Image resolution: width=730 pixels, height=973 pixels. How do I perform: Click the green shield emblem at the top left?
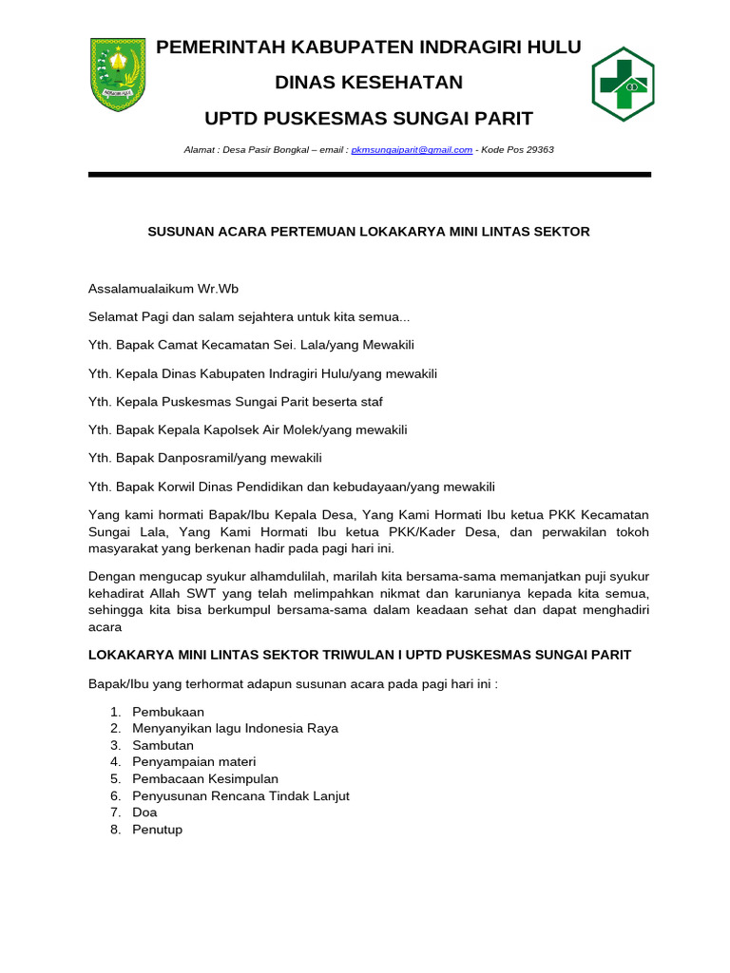[117, 74]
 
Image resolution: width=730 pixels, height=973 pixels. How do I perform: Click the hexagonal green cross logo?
[623, 84]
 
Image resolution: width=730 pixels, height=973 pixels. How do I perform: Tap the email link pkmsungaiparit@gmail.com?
[412, 150]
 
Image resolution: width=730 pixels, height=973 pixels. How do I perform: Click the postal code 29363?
[538, 150]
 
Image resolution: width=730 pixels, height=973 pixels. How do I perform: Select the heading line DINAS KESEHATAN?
[369, 83]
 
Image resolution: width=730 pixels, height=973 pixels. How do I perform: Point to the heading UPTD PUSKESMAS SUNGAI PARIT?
[369, 119]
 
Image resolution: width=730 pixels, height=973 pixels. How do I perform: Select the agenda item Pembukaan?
[168, 712]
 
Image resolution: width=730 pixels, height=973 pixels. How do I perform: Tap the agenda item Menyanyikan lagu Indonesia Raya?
[235, 729]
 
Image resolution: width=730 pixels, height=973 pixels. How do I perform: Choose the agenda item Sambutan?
[163, 746]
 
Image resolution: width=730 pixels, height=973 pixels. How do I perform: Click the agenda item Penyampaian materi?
[194, 762]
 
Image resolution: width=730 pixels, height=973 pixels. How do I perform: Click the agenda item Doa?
[144, 812]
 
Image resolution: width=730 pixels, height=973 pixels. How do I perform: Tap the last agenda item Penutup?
[157, 830]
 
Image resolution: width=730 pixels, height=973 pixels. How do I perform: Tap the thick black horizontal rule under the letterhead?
[369, 175]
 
